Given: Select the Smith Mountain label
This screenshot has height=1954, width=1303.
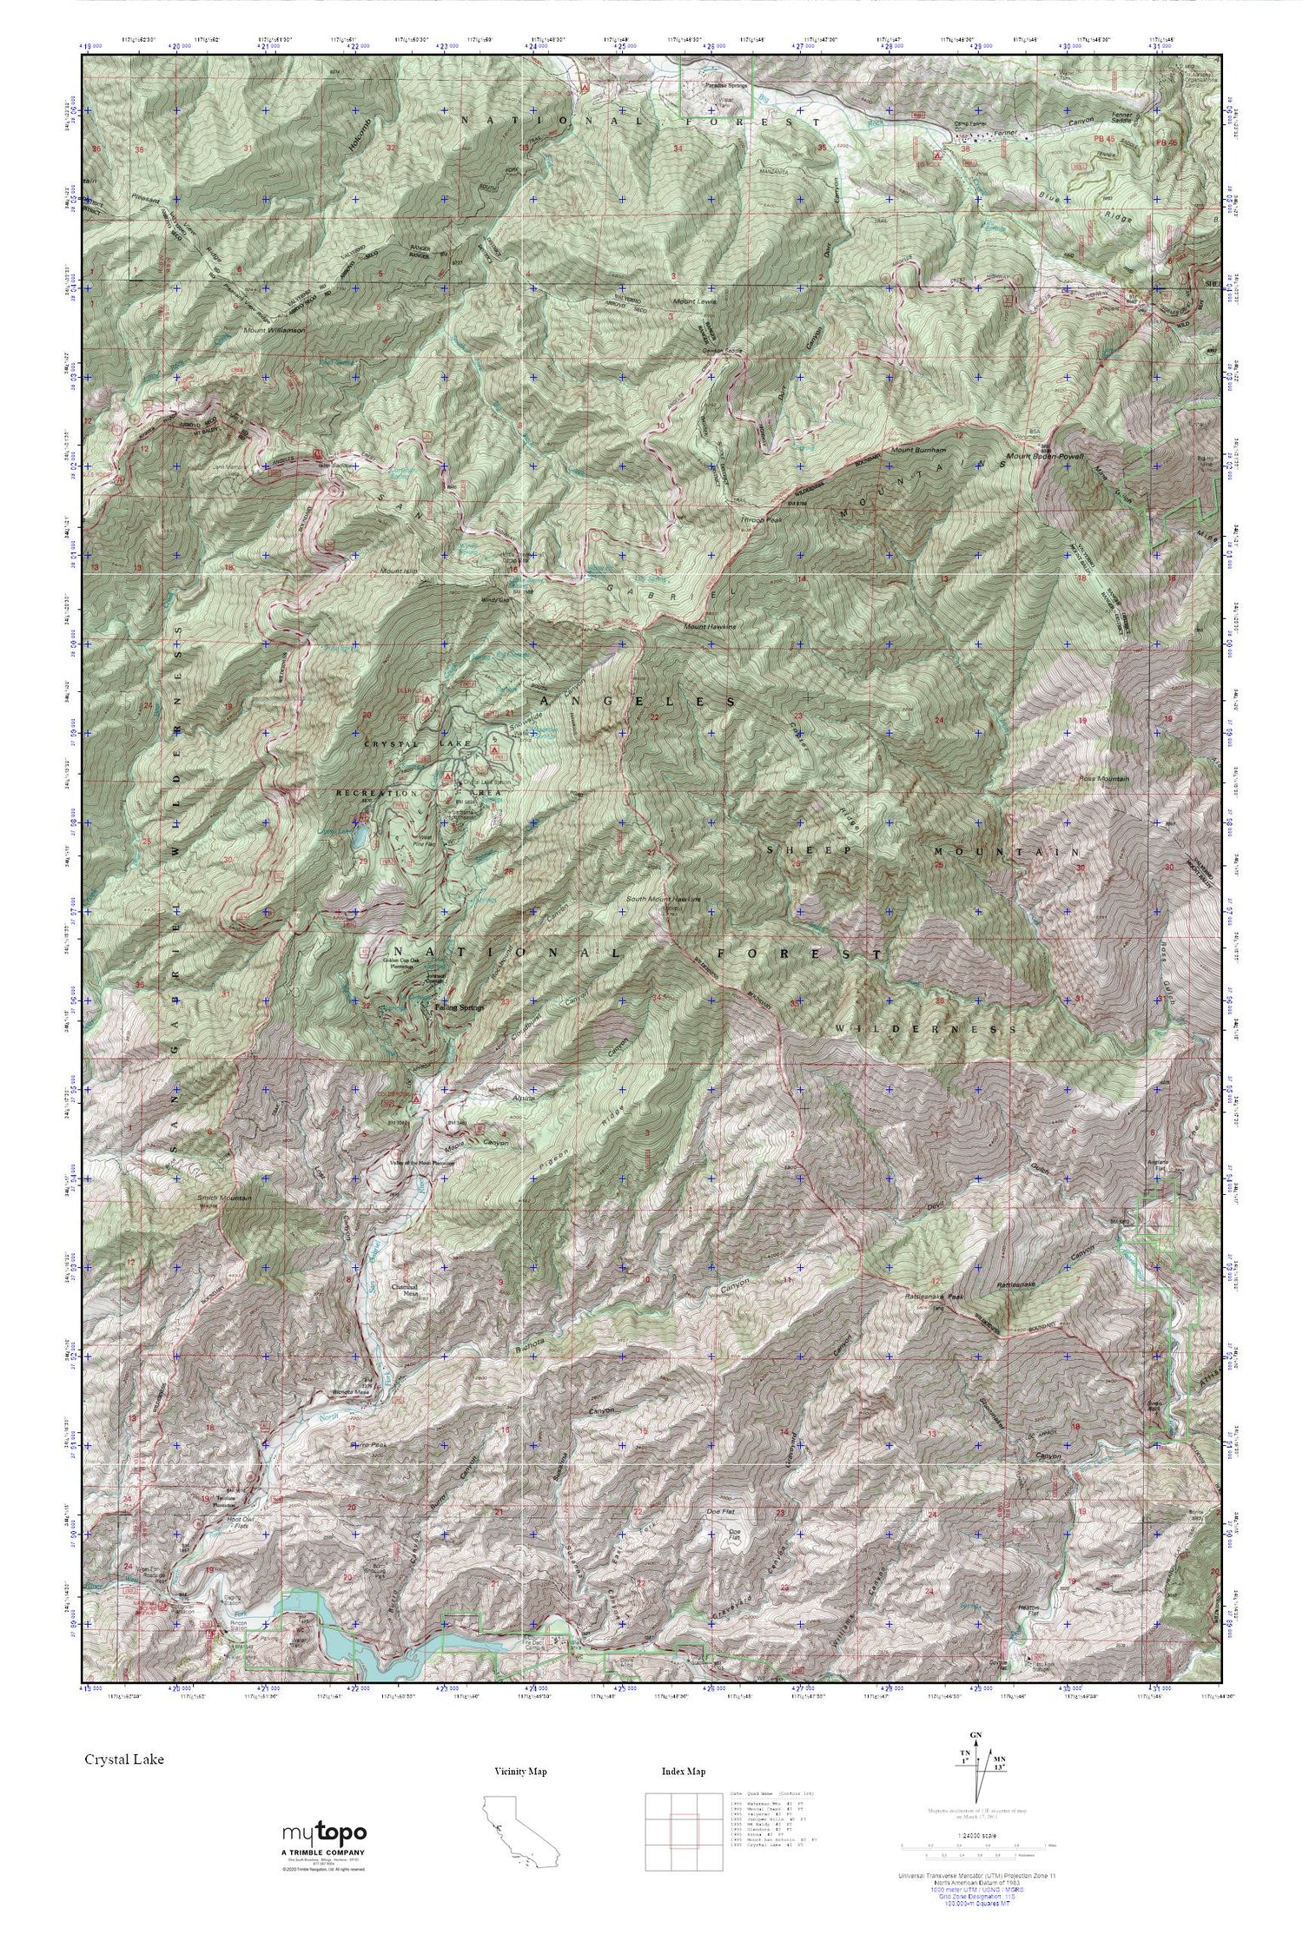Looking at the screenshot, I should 224,1198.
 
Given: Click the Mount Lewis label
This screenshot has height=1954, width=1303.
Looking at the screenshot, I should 694,302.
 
